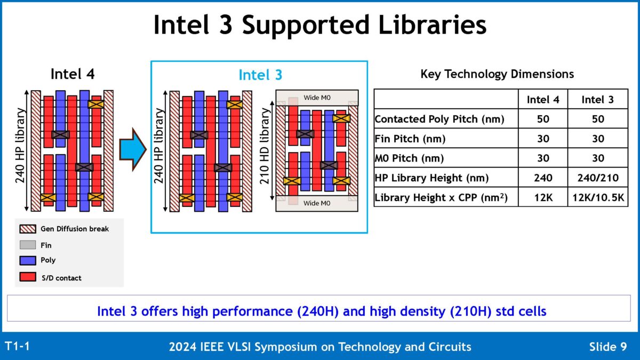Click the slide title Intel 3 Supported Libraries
319,25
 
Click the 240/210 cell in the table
597,178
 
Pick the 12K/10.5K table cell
597,197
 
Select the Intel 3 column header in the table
597,99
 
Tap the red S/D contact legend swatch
27,277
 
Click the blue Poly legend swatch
27,261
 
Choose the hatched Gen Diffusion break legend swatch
27,229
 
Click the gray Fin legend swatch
27,245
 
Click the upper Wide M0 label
317,97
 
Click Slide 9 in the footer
607,347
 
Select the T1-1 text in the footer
17,347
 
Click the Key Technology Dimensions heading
497,74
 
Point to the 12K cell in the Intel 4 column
542,197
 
